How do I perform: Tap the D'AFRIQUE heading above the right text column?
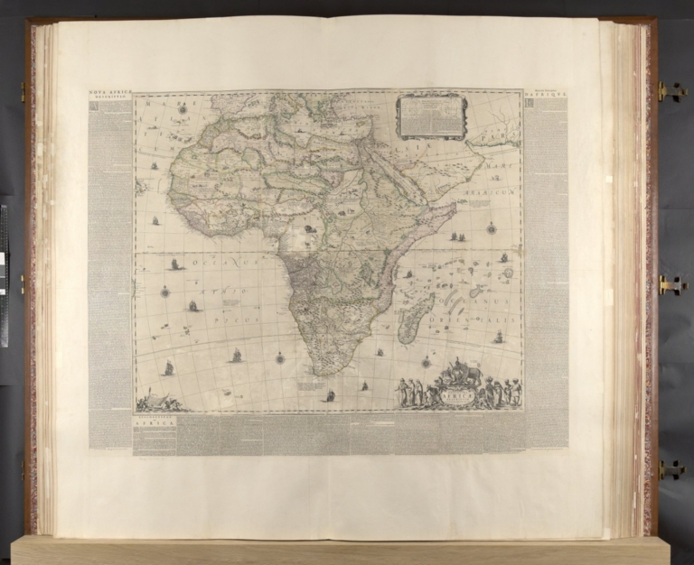(546, 92)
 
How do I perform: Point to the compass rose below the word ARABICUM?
(491, 228)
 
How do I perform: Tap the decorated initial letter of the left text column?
(94, 106)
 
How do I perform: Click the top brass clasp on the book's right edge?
(670, 91)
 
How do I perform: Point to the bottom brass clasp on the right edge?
(670, 469)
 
